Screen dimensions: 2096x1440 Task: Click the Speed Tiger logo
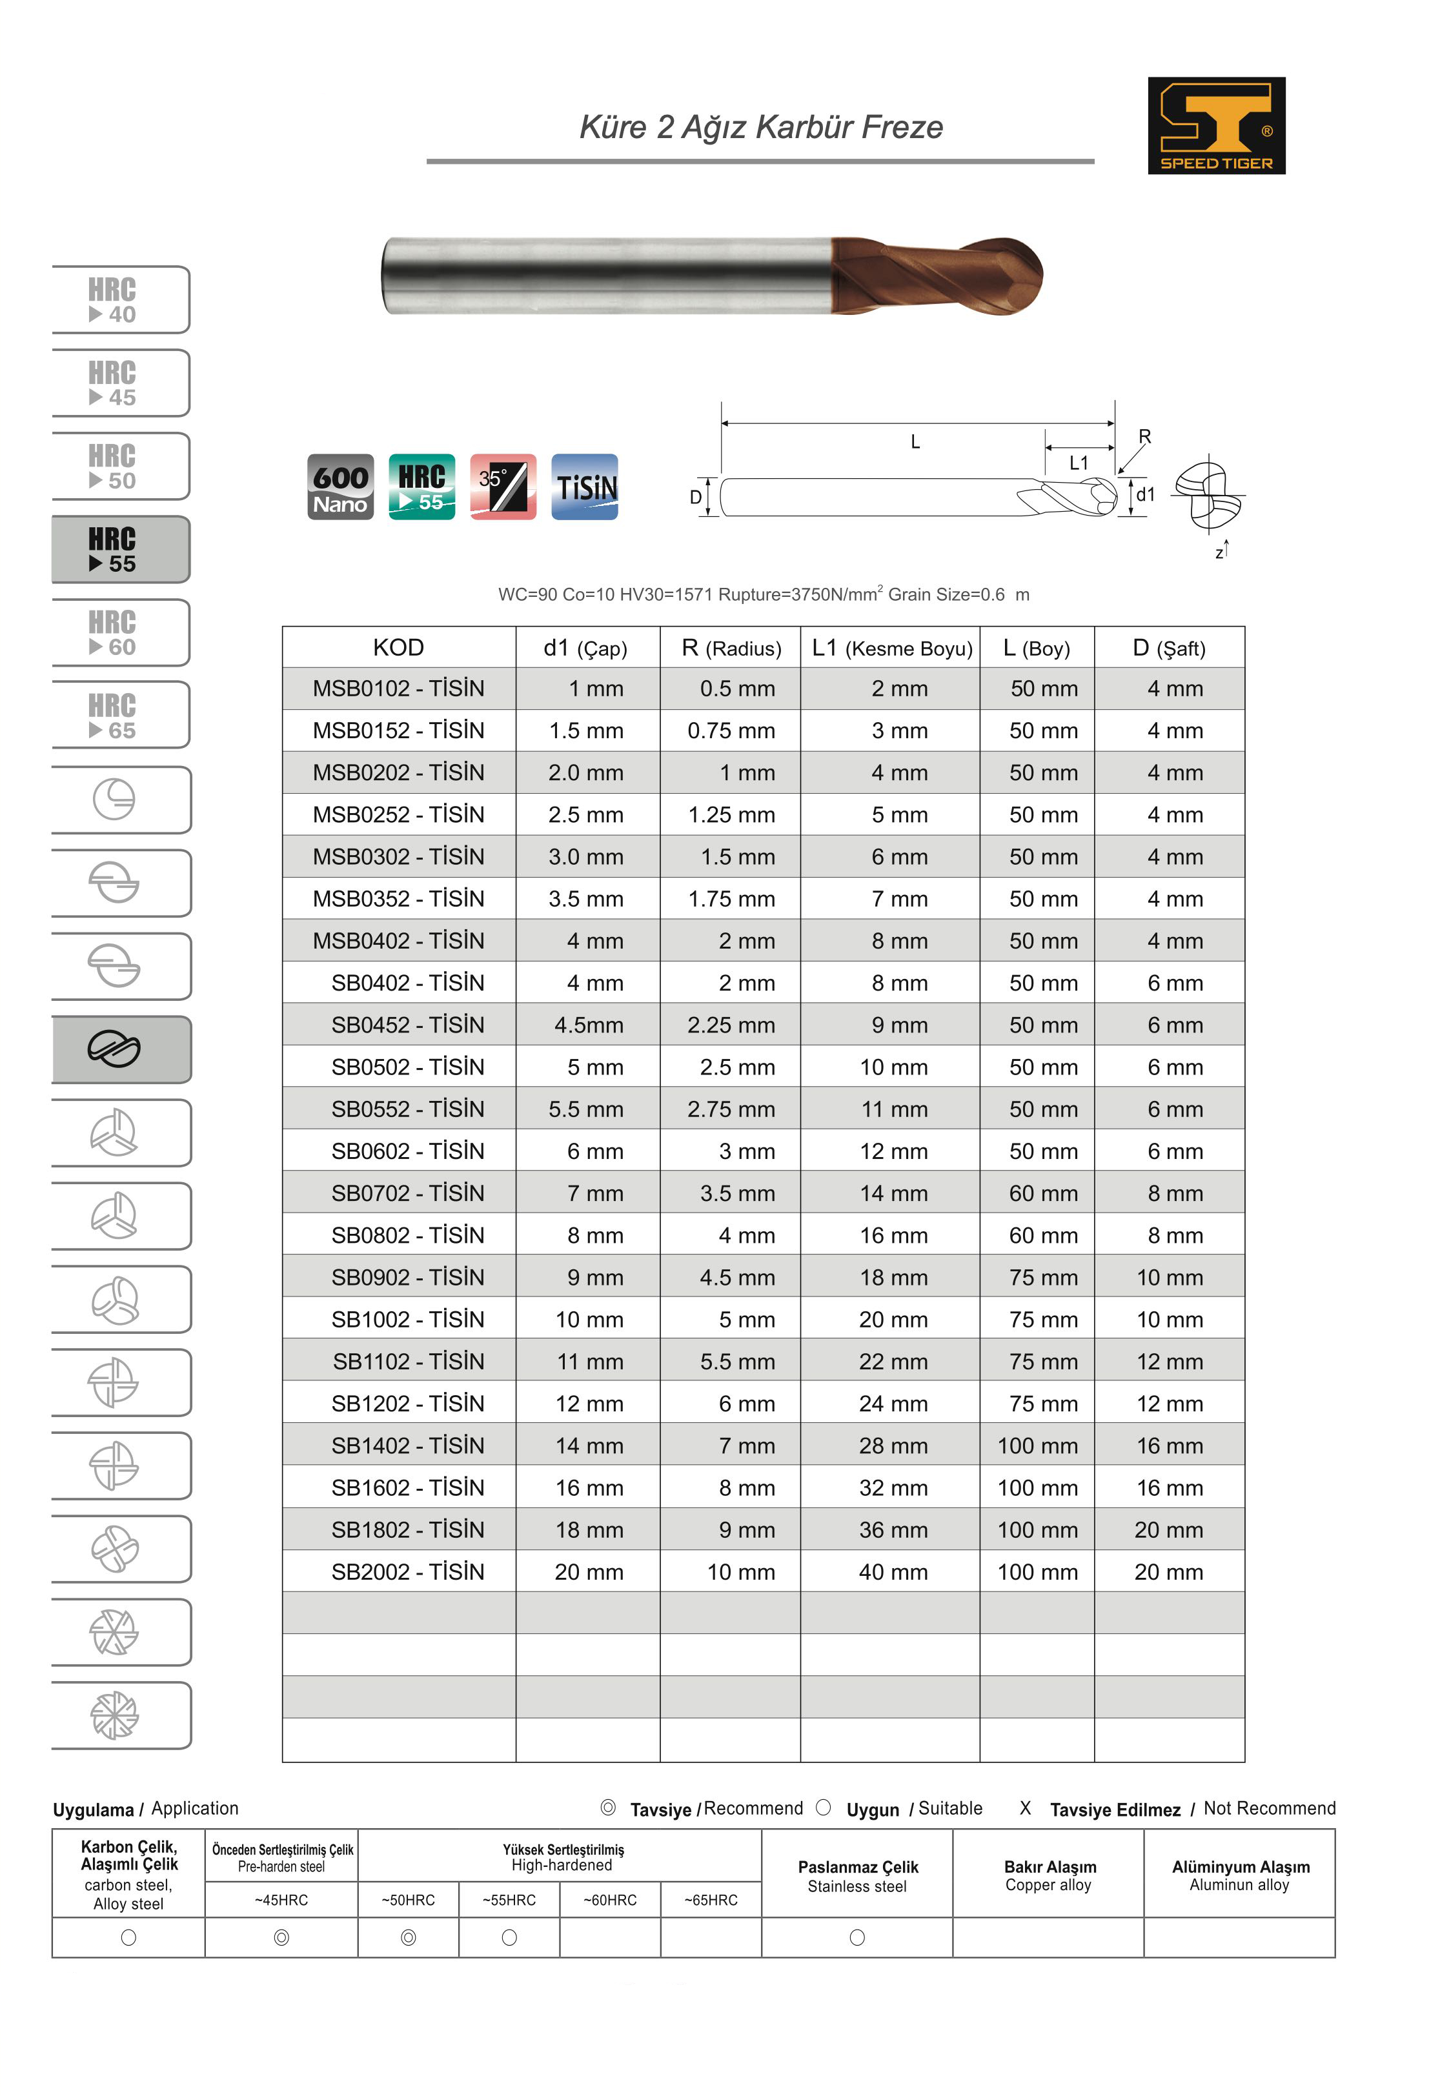[1215, 125]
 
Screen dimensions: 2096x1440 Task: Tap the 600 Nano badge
[340, 487]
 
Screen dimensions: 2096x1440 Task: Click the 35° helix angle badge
[503, 487]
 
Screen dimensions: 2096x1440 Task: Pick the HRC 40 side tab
[120, 300]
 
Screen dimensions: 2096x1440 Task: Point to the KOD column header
[398, 647]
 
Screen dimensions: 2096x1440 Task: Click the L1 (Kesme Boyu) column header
[891, 647]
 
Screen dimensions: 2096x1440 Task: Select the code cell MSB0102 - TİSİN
[398, 689]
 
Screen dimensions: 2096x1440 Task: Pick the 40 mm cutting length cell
[892, 1572]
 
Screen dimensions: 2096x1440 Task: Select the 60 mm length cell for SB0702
[1042, 1193]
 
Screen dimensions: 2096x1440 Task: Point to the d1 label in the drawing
[1145, 494]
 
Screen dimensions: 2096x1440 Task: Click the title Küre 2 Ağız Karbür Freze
[760, 127]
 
